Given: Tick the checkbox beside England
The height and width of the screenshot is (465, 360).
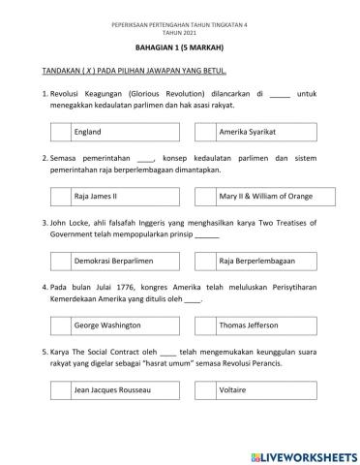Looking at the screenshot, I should tap(59, 130).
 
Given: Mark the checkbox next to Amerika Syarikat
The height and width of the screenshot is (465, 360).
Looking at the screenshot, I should tap(205, 130).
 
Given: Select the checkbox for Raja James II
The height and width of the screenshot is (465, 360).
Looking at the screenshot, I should tap(59, 195).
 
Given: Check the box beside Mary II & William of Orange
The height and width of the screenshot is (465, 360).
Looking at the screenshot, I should tap(205, 195).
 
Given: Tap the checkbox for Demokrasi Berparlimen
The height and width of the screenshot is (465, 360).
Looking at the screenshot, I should tap(59, 261).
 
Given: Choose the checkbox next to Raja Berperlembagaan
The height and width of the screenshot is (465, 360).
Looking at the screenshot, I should tap(205, 261).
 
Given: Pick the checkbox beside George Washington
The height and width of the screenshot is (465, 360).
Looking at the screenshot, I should tap(59, 325).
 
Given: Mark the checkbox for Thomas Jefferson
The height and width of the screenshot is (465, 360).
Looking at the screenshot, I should tap(205, 325).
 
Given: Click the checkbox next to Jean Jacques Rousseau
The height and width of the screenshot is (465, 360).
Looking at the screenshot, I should tap(59, 389).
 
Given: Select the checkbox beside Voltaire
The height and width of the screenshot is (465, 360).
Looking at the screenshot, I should tap(205, 389).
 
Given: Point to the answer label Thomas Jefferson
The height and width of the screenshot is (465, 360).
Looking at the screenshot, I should tap(248, 325).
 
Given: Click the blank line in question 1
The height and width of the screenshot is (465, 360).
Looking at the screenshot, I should tap(279, 93).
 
